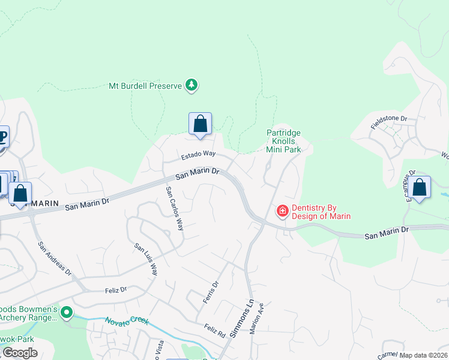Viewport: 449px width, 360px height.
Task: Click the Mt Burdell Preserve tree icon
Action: click(x=191, y=86)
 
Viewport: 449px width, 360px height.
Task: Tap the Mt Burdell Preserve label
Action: click(x=145, y=86)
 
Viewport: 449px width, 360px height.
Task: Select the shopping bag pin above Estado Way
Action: click(x=200, y=124)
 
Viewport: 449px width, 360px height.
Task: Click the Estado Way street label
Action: click(x=198, y=155)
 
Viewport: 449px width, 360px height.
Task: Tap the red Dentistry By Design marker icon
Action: click(x=282, y=211)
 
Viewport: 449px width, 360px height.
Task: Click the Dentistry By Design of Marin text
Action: click(x=321, y=212)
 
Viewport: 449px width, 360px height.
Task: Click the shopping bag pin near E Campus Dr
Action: click(x=420, y=187)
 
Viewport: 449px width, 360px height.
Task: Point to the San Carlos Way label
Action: click(x=175, y=208)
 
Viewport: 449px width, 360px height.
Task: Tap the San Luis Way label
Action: click(x=146, y=259)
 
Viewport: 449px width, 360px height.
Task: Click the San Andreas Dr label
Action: click(x=55, y=258)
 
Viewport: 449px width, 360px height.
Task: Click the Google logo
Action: click(x=20, y=353)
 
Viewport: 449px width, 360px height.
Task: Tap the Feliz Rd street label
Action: click(x=214, y=329)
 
